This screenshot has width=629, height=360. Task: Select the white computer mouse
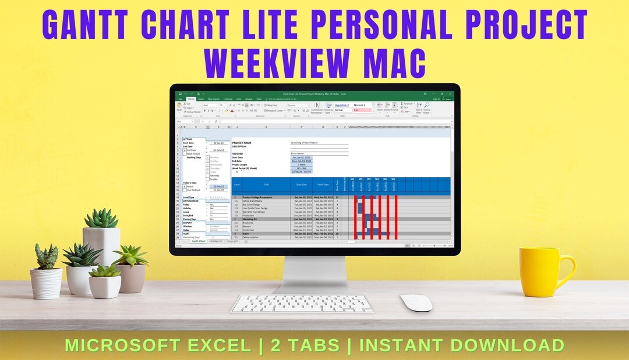coord(416,302)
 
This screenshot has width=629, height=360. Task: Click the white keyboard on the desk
coord(302,303)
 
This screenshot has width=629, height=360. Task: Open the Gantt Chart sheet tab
coord(199,241)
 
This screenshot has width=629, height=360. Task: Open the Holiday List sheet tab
coord(216,241)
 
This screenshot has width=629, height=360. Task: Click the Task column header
coord(266,185)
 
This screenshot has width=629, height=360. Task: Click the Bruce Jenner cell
coord(301,153)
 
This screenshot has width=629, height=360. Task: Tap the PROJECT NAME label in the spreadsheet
coord(242,142)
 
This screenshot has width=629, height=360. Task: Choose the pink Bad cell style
coord(362,110)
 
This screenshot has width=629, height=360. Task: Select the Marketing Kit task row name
coord(250,219)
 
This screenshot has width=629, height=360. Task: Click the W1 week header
coord(361,179)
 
